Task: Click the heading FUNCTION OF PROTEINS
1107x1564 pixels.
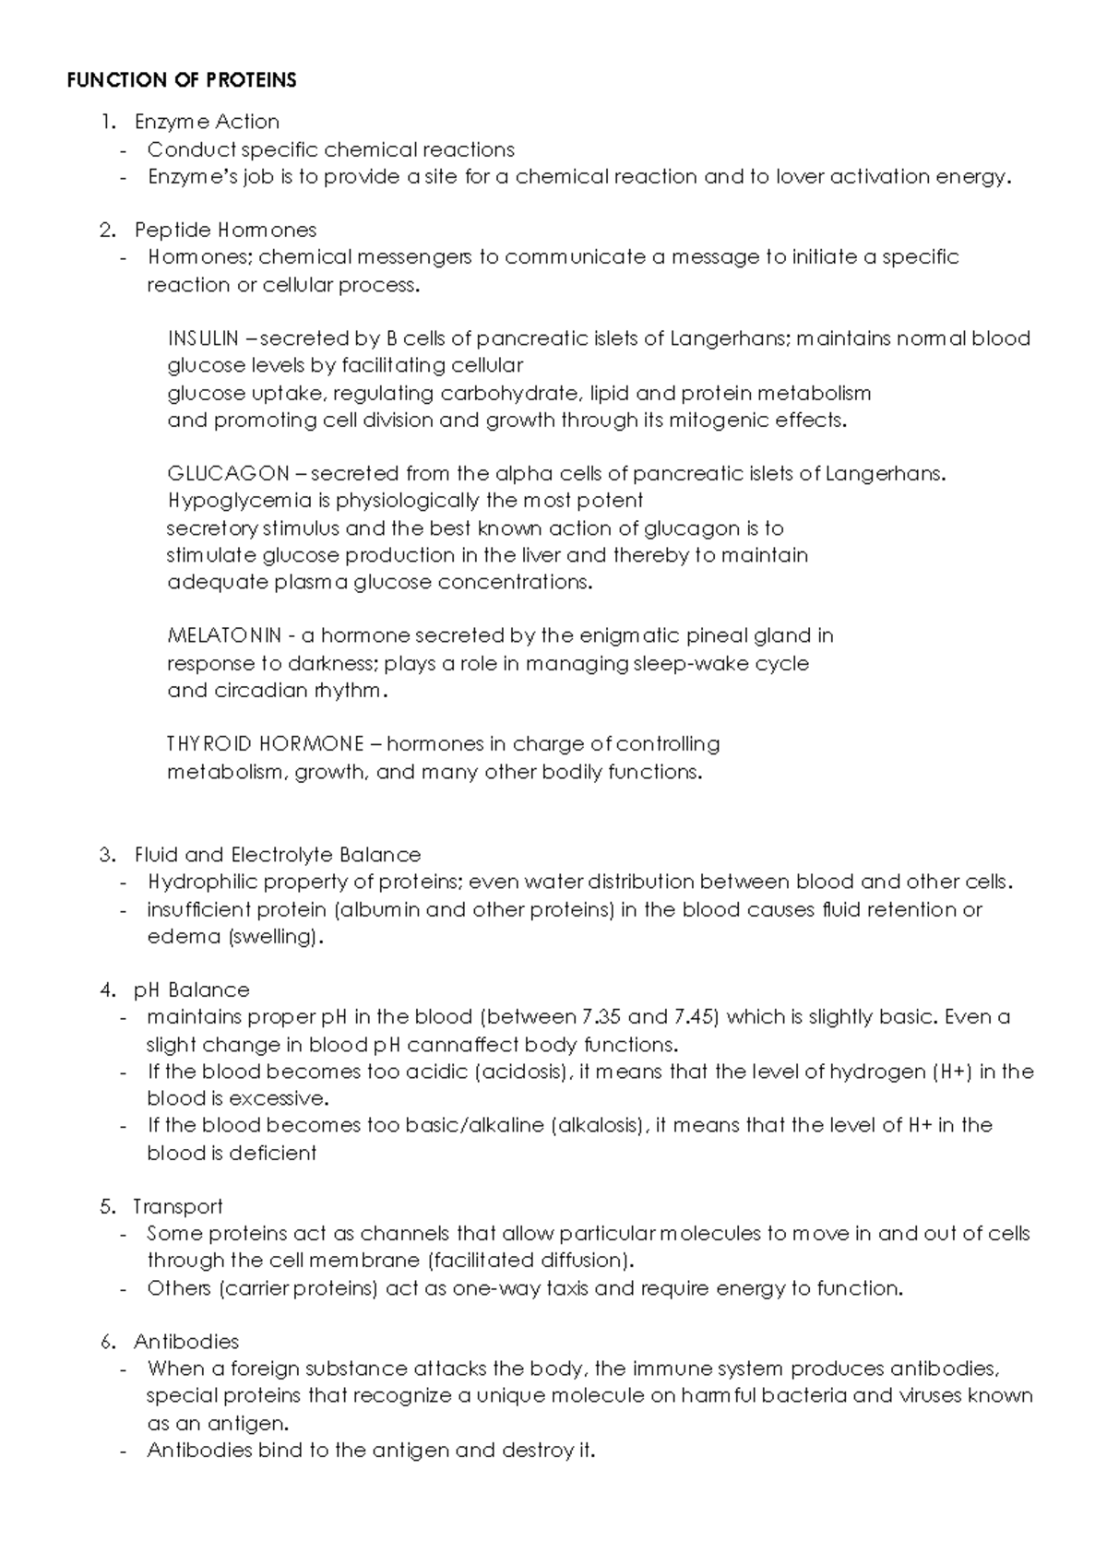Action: point(182,81)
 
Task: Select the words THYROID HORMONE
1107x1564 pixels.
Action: point(265,744)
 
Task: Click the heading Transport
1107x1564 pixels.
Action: point(178,1207)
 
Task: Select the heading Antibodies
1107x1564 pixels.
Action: point(186,1342)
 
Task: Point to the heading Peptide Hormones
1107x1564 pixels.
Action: point(225,230)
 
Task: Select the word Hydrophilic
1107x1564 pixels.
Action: point(203,883)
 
